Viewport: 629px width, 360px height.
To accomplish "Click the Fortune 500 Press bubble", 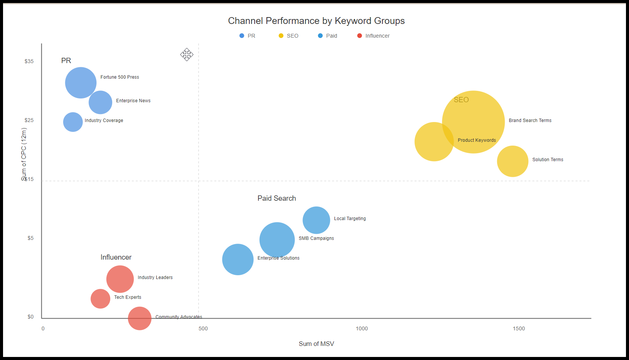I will pyautogui.click(x=81, y=83).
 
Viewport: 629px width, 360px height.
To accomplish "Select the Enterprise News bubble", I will pyautogui.click(x=101, y=102).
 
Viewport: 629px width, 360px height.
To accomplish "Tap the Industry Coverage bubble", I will pyautogui.click(x=73, y=122).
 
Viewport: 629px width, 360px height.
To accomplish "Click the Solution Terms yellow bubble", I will pyautogui.click(x=513, y=161).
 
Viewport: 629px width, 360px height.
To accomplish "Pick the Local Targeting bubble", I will pyautogui.click(x=316, y=220).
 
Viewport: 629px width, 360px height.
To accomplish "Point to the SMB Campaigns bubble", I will pyautogui.click(x=277, y=240).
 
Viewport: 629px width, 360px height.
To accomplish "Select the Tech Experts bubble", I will pyautogui.click(x=100, y=299).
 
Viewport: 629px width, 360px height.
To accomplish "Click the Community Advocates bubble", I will pyautogui.click(x=139, y=318).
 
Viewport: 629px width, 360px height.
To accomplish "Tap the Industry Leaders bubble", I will pyautogui.click(x=120, y=279).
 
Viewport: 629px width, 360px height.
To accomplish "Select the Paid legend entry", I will pyautogui.click(x=328, y=36).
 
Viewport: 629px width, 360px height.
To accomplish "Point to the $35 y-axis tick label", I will pyautogui.click(x=29, y=61).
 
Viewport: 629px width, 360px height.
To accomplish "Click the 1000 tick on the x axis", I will pyautogui.click(x=362, y=328).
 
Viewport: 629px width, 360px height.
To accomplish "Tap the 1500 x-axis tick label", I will pyautogui.click(x=519, y=328).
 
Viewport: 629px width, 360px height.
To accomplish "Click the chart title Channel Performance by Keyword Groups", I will pyautogui.click(x=316, y=21).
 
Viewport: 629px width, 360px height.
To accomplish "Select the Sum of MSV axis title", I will pyautogui.click(x=316, y=344).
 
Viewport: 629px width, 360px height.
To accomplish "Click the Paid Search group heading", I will pyautogui.click(x=277, y=198).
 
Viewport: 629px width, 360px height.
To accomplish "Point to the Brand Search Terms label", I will pyautogui.click(x=530, y=121).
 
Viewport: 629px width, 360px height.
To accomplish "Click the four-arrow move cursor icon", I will pyautogui.click(x=187, y=55).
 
